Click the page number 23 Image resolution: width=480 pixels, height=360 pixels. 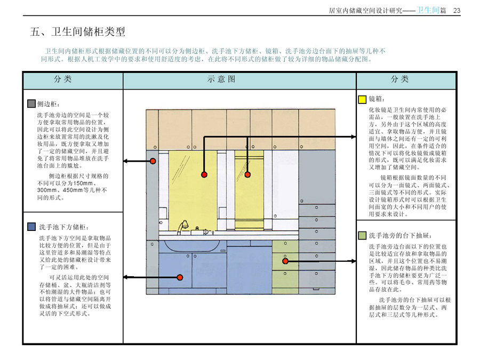click(457, 11)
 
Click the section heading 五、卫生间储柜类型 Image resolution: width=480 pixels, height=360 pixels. click(78, 32)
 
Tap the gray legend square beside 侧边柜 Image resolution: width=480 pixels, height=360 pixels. click(31, 103)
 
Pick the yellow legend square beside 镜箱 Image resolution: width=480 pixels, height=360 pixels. click(362, 99)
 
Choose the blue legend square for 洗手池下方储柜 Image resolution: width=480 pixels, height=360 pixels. click(31, 227)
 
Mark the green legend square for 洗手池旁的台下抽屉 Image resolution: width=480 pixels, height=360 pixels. click(362, 235)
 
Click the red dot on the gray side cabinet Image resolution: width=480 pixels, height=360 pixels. click(153, 161)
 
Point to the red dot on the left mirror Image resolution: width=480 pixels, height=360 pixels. click(204, 174)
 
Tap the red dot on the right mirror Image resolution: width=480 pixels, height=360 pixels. click(247, 174)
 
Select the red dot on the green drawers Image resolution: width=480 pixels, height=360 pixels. click(285, 261)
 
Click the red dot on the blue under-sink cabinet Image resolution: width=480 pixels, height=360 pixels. click(180, 277)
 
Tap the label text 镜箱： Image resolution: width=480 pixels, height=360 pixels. click(377, 99)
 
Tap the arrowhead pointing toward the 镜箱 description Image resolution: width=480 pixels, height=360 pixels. click(353, 137)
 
